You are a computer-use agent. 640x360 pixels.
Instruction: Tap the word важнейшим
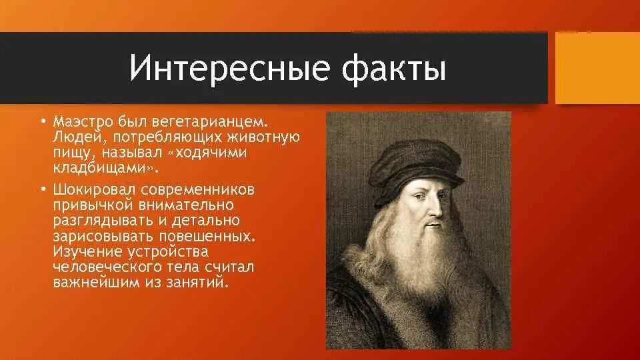click(x=94, y=282)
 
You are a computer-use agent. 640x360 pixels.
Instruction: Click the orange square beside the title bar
click(x=597, y=68)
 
